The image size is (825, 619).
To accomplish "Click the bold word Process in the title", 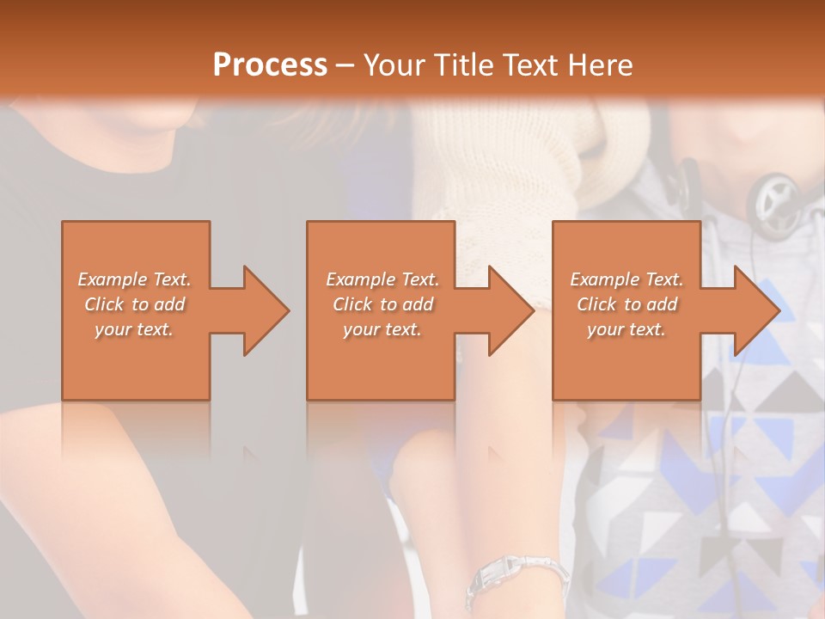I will pyautogui.click(x=270, y=65).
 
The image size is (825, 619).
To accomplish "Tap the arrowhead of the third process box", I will pyautogui.click(x=752, y=310).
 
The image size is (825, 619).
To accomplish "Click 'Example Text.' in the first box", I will pyautogui.click(x=134, y=279).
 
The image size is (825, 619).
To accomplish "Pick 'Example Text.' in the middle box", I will pyautogui.click(x=382, y=279).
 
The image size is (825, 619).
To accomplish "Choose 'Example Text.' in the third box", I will pyautogui.click(x=626, y=279).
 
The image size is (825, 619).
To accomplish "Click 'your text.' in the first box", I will pyautogui.click(x=134, y=329).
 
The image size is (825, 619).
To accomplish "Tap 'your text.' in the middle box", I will pyautogui.click(x=382, y=329).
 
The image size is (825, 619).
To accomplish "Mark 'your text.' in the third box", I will pyautogui.click(x=626, y=329).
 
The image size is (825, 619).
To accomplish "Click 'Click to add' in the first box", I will pyautogui.click(x=134, y=304).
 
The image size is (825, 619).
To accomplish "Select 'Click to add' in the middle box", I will pyautogui.click(x=382, y=304).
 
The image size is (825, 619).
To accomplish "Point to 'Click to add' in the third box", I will pyautogui.click(x=626, y=304).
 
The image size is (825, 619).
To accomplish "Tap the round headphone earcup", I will pyautogui.click(x=779, y=203).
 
